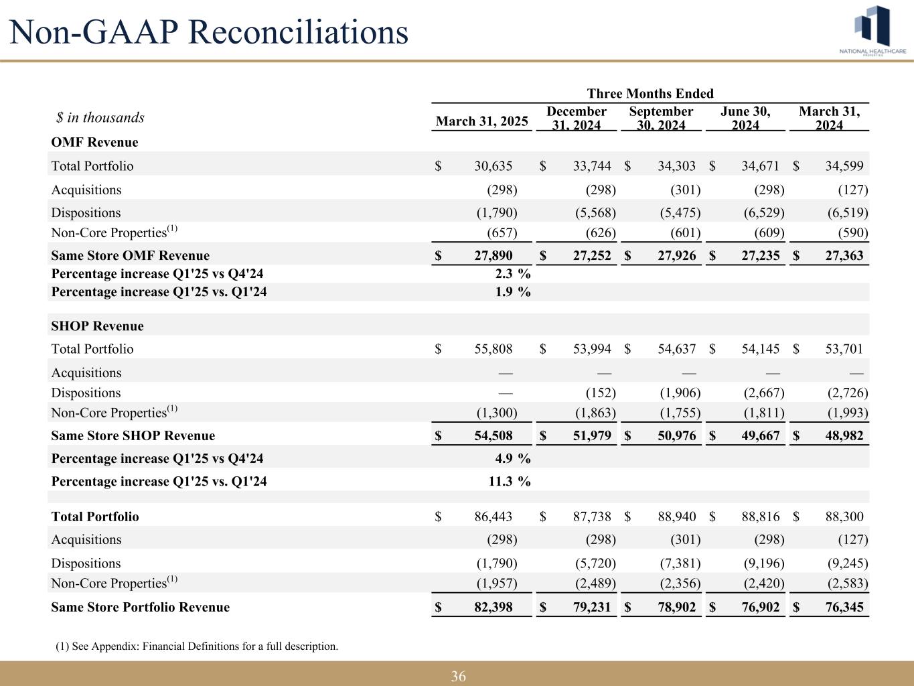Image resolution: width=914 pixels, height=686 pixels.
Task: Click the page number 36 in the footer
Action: [x=458, y=676]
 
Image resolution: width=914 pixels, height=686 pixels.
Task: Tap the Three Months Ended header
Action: [x=650, y=94]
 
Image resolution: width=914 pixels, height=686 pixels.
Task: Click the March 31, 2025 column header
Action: [x=482, y=121]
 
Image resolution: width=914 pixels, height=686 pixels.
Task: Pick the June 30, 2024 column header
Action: [x=745, y=118]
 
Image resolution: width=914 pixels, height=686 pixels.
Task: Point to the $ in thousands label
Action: [x=100, y=118]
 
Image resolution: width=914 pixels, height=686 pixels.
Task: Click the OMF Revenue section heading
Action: [x=94, y=142]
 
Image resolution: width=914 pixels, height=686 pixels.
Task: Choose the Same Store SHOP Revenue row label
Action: [x=133, y=435]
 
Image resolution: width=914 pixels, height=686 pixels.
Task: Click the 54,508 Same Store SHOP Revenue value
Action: [x=493, y=435]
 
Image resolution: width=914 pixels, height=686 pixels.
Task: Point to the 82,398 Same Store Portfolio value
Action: [x=493, y=607]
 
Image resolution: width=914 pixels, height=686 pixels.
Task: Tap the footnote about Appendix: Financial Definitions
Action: [x=197, y=646]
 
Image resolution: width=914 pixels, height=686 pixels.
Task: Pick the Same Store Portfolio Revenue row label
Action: [x=140, y=607]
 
